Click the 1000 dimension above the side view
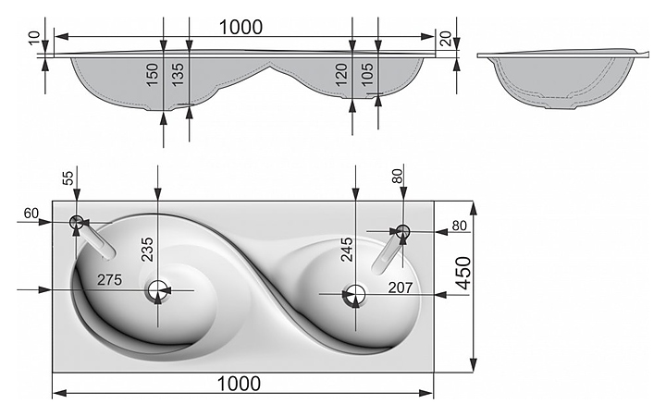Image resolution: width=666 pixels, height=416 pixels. click(x=240, y=28)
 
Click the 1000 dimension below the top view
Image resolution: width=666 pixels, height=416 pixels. click(x=239, y=384)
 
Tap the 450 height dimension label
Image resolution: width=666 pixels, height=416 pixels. click(x=463, y=273)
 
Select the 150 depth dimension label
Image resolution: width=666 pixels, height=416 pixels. click(x=152, y=75)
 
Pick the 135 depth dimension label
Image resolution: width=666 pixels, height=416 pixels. click(x=178, y=74)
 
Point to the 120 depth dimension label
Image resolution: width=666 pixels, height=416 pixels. click(x=341, y=75)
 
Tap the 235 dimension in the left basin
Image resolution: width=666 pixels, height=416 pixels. click(x=147, y=249)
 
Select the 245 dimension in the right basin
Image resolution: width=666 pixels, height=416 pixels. click(x=347, y=250)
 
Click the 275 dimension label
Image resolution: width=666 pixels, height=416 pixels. click(x=109, y=280)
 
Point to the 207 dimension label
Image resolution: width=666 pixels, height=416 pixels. click(x=401, y=288)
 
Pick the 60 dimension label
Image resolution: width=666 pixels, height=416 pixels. click(x=31, y=214)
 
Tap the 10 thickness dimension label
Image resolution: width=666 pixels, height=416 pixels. click(x=36, y=37)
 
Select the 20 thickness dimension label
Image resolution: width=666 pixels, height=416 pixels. click(x=445, y=39)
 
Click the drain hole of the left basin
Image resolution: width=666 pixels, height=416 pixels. click(x=158, y=291)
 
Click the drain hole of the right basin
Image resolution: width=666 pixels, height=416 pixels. click(x=354, y=295)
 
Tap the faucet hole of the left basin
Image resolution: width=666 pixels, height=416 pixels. click(x=77, y=222)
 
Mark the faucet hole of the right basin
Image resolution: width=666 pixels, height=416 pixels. click(x=402, y=231)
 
